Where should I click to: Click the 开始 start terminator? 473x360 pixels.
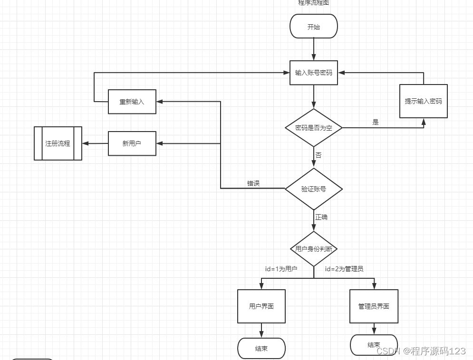pyautogui.click(x=314, y=27)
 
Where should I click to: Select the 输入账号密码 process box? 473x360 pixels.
pyautogui.click(x=314, y=73)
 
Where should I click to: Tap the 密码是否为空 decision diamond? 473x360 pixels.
pyautogui.click(x=314, y=128)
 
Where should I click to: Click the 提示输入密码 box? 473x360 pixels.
pyautogui.click(x=423, y=101)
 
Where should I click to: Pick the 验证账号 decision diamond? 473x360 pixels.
pyautogui.click(x=314, y=189)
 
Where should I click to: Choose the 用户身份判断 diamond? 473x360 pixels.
pyautogui.click(x=314, y=249)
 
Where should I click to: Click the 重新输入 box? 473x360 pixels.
pyautogui.click(x=132, y=102)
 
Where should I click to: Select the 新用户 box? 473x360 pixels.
pyautogui.click(x=132, y=143)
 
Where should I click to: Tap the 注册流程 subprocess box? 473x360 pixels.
pyautogui.click(x=58, y=143)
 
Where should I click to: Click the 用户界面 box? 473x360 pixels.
pyautogui.click(x=261, y=306)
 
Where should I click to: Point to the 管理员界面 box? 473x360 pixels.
pyautogui.click(x=374, y=306)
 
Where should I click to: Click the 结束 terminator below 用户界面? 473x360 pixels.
pyautogui.click(x=261, y=349)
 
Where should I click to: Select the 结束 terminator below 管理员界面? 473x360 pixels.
pyautogui.click(x=374, y=345)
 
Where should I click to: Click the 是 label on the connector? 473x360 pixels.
pyautogui.click(x=376, y=123)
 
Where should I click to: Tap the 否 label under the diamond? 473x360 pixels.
pyautogui.click(x=319, y=155)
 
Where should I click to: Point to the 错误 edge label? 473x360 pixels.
pyautogui.click(x=253, y=183)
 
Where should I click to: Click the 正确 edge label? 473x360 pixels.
pyautogui.click(x=321, y=217)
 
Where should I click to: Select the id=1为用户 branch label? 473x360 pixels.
pyautogui.click(x=281, y=269)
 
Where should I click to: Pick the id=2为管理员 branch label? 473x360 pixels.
pyautogui.click(x=344, y=269)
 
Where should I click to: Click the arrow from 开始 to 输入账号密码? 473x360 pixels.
pyautogui.click(x=314, y=49)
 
